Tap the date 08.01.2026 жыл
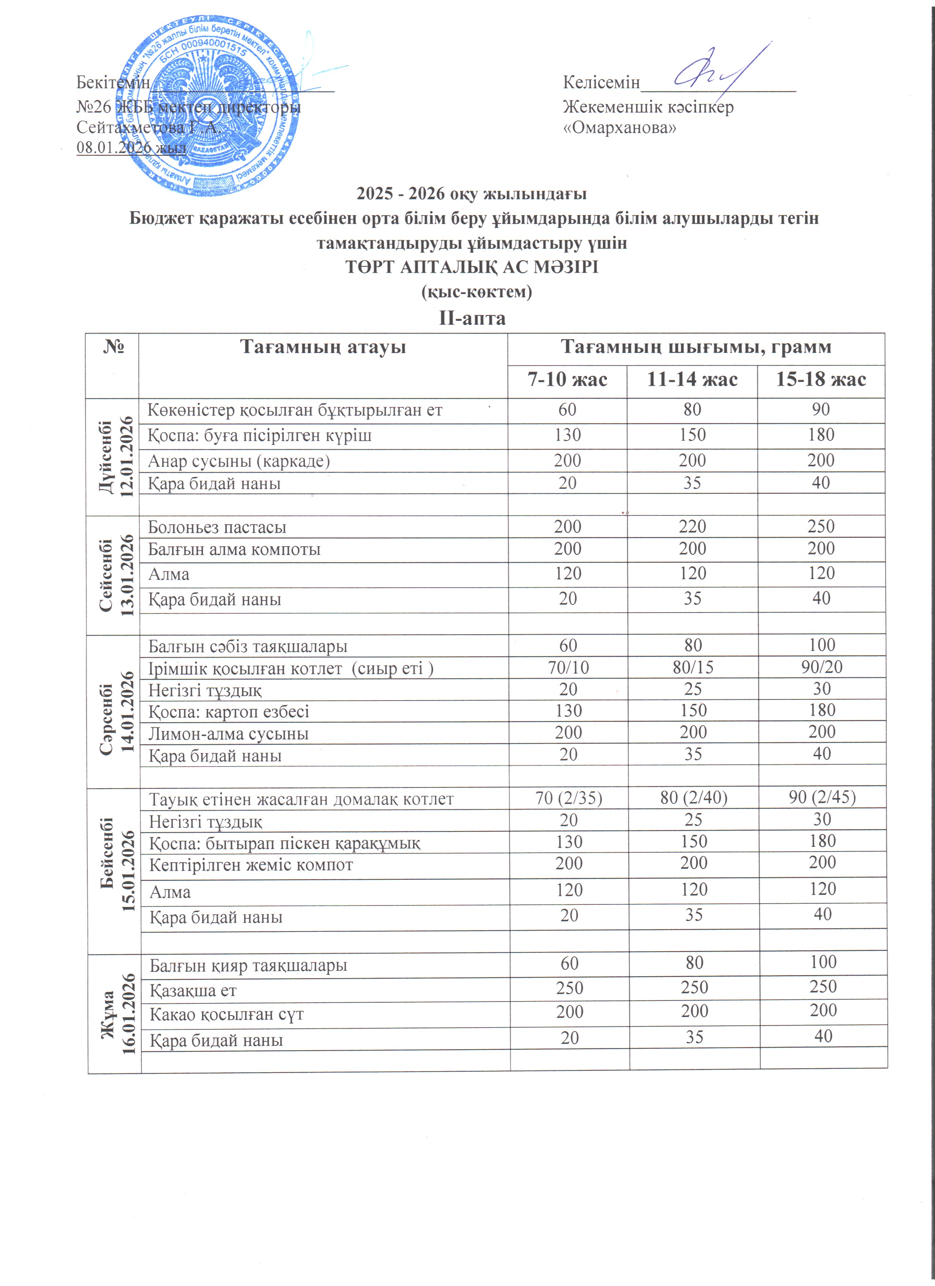(x=132, y=147)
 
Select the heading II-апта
(x=472, y=318)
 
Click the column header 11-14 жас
(x=692, y=379)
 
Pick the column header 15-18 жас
(x=821, y=379)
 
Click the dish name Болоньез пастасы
(x=217, y=527)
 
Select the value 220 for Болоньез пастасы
(x=692, y=526)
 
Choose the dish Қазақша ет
(x=193, y=991)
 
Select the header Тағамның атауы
(x=323, y=347)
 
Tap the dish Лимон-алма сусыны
(x=228, y=734)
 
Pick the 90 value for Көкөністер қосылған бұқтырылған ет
(x=821, y=409)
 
